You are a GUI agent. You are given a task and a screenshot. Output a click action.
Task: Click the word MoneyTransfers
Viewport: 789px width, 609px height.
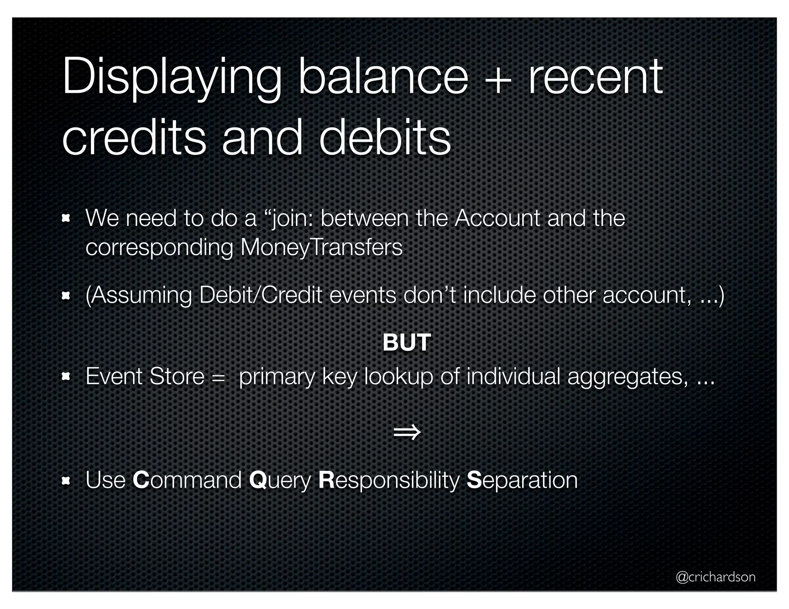click(x=321, y=247)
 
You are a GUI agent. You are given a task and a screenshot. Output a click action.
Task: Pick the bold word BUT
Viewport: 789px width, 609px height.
click(x=407, y=342)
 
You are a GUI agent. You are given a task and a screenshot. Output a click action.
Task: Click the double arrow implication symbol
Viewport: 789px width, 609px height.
click(x=407, y=432)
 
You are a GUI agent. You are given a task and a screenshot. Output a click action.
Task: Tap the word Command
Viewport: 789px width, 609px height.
click(x=187, y=480)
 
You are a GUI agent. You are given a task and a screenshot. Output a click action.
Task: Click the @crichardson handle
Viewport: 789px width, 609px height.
click(x=716, y=576)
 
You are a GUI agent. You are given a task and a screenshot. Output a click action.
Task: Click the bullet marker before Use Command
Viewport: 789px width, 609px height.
click(x=66, y=480)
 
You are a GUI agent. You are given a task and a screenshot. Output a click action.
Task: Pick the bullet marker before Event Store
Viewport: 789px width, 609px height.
click(x=66, y=376)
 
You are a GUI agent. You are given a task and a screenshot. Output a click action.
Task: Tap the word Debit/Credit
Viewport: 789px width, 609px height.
click(x=260, y=295)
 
